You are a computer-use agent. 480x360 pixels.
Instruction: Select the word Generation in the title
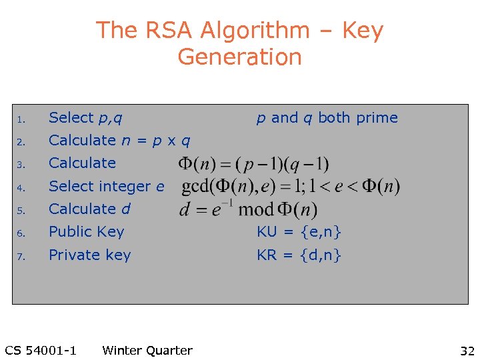[x=240, y=57]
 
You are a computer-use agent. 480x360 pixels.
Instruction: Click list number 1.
[x=21, y=120]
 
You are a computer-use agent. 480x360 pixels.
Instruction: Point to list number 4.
[x=21, y=188]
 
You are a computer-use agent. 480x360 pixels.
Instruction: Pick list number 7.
[x=21, y=257]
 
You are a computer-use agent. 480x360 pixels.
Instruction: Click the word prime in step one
[x=377, y=118]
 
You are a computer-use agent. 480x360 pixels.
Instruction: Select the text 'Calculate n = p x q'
[x=119, y=141]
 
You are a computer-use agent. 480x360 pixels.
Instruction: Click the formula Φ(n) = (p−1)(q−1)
[x=253, y=163]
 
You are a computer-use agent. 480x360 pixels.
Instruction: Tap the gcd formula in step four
[x=291, y=187]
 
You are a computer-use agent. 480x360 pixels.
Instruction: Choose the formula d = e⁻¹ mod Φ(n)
[x=248, y=209]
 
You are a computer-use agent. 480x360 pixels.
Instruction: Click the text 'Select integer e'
[x=106, y=187]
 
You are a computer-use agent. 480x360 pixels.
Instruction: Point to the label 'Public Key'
[x=87, y=232]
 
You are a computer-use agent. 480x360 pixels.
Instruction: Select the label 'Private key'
[x=89, y=255]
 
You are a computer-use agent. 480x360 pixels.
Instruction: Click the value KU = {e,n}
[x=299, y=232]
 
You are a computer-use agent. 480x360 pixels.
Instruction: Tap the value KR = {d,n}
[x=299, y=255]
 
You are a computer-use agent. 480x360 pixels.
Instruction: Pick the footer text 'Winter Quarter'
[x=147, y=351]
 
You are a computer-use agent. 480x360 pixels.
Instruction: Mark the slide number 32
[x=466, y=351]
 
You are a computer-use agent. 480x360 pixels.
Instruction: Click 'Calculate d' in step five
[x=89, y=209]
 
